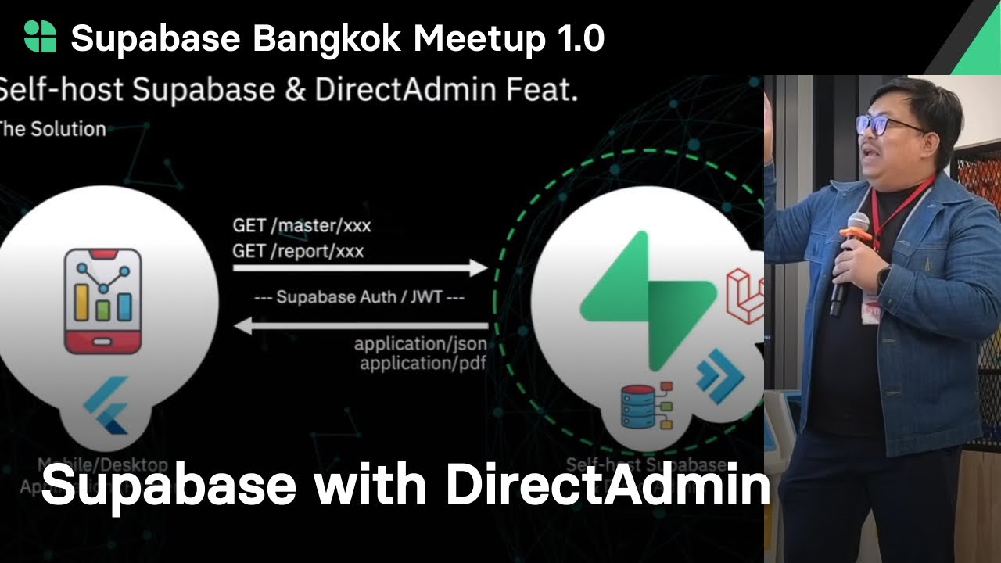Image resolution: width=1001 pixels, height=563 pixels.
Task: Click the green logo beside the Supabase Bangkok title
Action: (x=40, y=37)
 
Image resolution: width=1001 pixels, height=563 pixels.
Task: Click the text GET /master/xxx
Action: (x=302, y=226)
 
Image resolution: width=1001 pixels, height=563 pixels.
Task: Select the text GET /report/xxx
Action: (x=298, y=251)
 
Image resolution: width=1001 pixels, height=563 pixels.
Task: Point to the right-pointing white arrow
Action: (x=360, y=268)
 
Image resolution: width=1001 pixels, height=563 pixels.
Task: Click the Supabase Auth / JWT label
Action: (x=360, y=297)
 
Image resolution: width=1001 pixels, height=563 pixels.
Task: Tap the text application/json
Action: (x=421, y=344)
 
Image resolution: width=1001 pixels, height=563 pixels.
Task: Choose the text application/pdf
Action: (x=423, y=363)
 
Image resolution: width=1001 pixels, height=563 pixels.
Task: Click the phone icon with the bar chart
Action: (x=102, y=301)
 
